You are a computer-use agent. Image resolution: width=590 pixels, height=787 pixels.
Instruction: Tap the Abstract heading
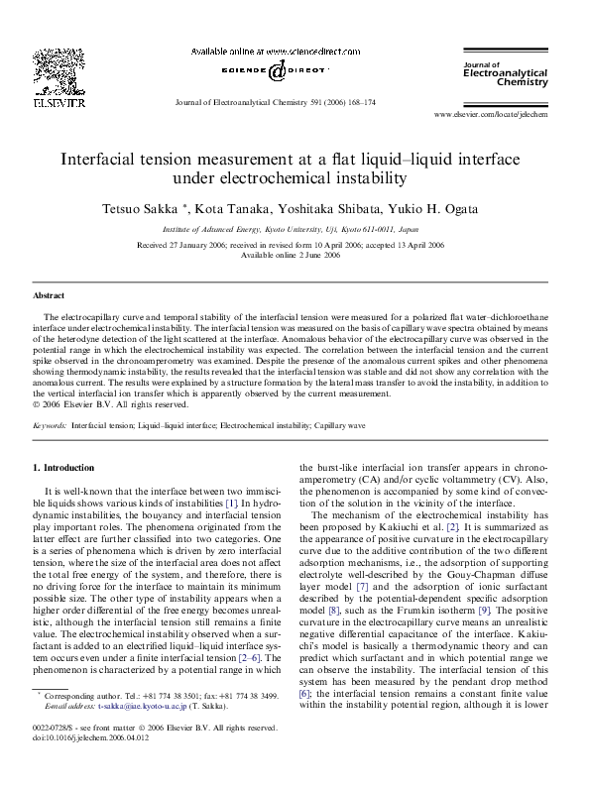[50, 295]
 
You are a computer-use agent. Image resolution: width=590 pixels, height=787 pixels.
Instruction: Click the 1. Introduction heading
[64, 467]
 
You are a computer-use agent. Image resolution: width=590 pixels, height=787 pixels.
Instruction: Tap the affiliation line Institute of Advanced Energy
[294, 228]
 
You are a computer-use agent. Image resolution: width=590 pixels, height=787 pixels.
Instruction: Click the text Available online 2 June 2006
[294, 254]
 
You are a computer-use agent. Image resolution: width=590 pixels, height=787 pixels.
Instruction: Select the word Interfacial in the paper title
[107, 159]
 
